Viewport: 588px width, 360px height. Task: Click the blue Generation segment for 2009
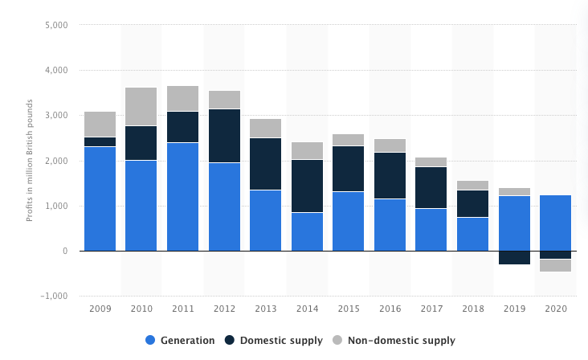[x=100, y=198]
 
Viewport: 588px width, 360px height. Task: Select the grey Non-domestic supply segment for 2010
[x=141, y=106]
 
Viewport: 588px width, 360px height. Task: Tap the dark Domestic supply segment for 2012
[x=224, y=136]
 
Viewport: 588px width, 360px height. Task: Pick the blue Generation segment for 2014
[x=307, y=231]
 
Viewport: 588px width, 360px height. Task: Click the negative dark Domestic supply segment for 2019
[x=514, y=257]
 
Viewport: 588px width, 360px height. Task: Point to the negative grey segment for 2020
[x=556, y=265]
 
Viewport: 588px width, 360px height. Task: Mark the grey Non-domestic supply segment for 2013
[x=266, y=128]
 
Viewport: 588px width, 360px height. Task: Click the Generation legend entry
[x=179, y=340]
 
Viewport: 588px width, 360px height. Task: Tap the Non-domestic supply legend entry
[x=403, y=340]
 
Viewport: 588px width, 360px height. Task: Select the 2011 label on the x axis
[x=183, y=309]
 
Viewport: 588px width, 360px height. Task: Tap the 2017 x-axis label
[x=431, y=309]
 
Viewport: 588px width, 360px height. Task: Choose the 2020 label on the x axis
[x=556, y=309]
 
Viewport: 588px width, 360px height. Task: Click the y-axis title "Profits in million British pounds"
[x=30, y=161]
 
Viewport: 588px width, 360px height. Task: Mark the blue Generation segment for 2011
[x=183, y=197]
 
